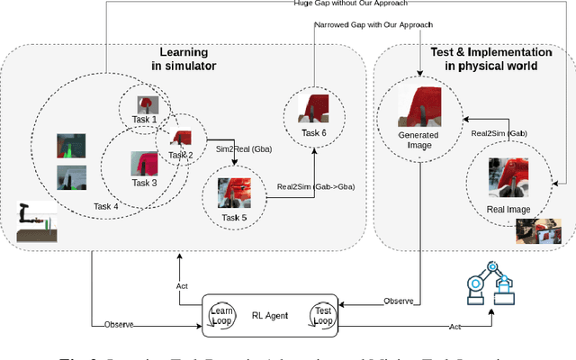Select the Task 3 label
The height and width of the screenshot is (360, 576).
144,183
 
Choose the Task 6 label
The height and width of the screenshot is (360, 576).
314,132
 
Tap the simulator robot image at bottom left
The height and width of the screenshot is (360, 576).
36,224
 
